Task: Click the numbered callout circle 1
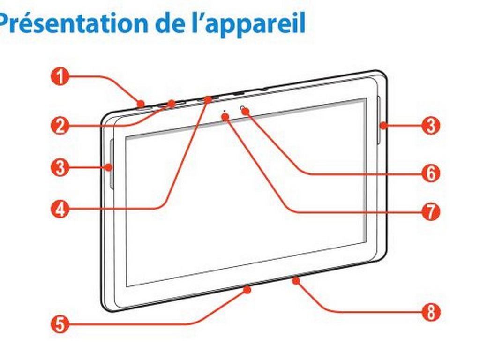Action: [60, 76]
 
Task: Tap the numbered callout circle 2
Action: [60, 126]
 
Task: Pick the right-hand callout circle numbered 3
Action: [431, 126]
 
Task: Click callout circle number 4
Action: [60, 210]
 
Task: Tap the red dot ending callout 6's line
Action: [246, 111]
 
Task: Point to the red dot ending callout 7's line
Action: [225, 116]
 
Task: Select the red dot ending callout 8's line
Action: [296, 280]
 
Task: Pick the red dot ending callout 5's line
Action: [247, 290]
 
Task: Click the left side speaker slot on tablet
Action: [111, 165]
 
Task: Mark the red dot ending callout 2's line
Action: [172, 105]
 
